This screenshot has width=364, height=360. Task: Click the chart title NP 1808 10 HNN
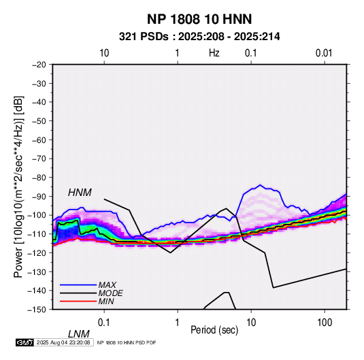199,19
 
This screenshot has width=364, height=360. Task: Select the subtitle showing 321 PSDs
199,37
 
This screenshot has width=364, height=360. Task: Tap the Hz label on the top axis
214,53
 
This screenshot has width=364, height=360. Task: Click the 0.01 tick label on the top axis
324,53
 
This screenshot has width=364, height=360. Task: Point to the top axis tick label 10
104,53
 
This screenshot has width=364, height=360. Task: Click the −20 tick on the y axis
39,65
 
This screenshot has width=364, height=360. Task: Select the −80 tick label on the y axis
39,178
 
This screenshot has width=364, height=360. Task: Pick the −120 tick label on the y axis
37,252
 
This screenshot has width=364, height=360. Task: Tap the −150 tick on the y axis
37,310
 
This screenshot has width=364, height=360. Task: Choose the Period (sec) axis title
214,330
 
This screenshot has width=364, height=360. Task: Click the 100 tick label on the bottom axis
325,323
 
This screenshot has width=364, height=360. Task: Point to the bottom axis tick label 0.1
104,323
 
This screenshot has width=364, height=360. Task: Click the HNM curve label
80,193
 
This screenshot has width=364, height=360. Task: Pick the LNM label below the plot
79,334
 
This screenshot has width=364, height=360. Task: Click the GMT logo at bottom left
25,342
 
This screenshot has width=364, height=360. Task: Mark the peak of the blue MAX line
260,185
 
